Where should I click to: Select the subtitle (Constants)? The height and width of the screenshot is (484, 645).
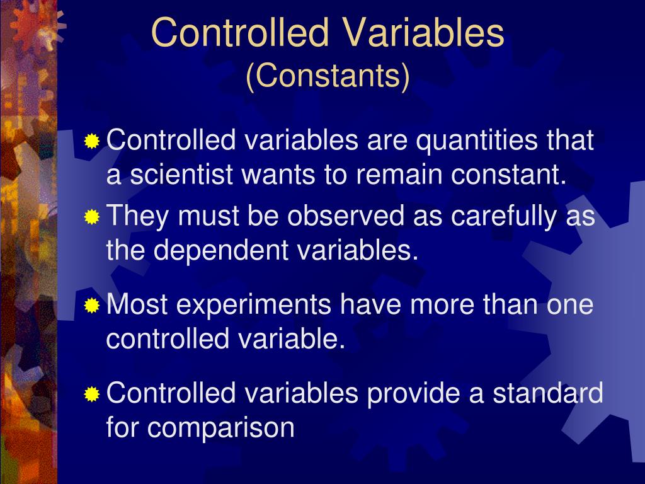(x=328, y=76)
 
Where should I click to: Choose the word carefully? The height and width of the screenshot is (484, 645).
(x=494, y=217)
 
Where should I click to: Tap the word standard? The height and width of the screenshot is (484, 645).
(x=547, y=394)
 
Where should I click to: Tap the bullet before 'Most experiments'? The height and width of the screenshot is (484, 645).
(x=92, y=306)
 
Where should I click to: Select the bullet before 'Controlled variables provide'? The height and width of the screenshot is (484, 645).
(x=92, y=395)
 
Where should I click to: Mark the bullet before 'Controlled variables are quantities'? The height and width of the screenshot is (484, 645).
(x=92, y=141)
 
